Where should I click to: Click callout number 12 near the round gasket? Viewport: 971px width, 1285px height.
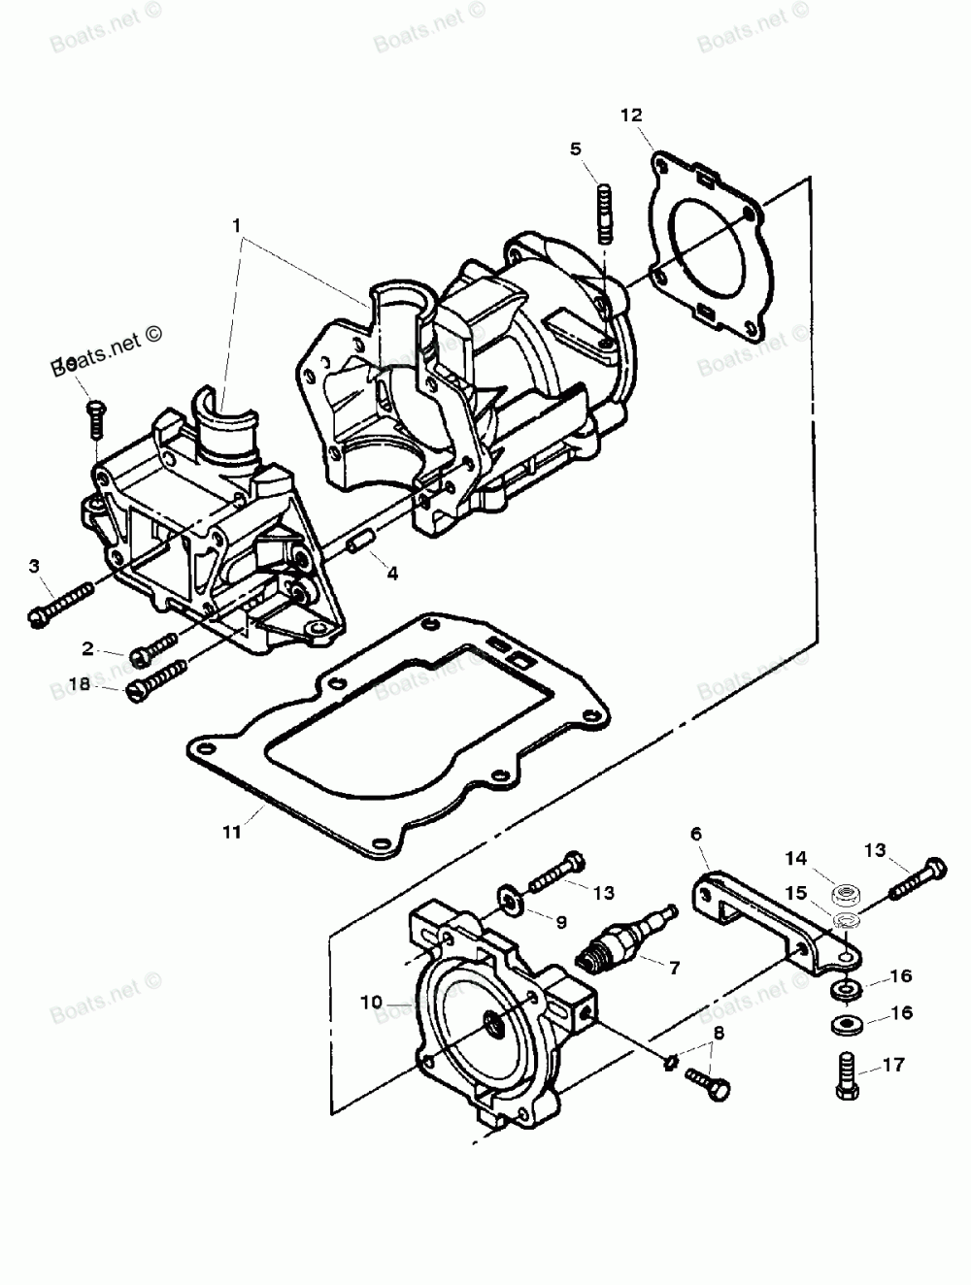click(x=631, y=115)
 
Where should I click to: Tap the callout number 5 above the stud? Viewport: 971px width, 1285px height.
click(x=576, y=148)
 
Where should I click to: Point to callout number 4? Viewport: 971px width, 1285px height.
click(x=392, y=573)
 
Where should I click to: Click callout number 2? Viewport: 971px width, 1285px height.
click(x=87, y=647)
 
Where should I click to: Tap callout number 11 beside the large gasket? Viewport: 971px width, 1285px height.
click(x=230, y=831)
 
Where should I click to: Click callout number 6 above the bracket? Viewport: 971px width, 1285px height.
click(x=696, y=833)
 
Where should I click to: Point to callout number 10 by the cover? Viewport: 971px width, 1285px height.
click(x=371, y=1002)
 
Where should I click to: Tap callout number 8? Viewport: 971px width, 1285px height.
click(x=718, y=1033)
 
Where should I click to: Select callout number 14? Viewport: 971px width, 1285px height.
click(x=796, y=857)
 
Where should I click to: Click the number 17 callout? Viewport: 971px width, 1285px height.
click(x=893, y=1065)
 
